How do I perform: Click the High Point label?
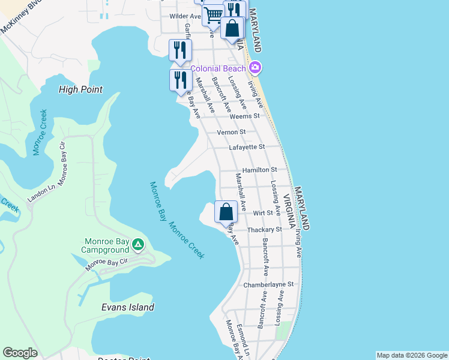[x=80, y=89]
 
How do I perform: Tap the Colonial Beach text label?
[x=218, y=68]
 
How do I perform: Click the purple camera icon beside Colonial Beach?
[x=255, y=68]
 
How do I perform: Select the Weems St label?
[x=247, y=116]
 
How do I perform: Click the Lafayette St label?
[x=247, y=147]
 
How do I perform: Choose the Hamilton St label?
[x=259, y=170]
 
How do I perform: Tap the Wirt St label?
[x=263, y=212]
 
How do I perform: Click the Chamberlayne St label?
[x=268, y=284]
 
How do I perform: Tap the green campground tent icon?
[x=138, y=244]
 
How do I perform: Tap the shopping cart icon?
[x=212, y=15]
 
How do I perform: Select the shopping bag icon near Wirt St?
[x=226, y=212]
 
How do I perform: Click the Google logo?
[x=20, y=353]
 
